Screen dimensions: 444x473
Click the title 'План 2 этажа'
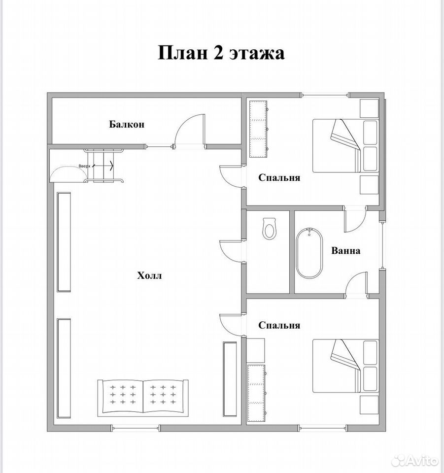point(221,53)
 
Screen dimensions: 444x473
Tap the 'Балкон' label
point(127,124)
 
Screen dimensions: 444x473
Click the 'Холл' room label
point(149,275)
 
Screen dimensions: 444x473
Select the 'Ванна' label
point(345,251)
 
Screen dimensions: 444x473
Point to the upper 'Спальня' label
point(279,177)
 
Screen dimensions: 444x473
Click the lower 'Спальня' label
point(279,325)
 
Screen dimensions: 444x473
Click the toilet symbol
point(269,229)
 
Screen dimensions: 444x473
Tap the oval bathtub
point(309,253)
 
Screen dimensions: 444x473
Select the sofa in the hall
point(143,398)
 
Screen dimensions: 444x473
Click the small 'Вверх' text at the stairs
point(84,166)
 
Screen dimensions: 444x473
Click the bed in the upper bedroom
point(345,146)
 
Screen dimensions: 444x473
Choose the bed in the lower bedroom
point(345,366)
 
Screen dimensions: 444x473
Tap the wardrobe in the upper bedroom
point(259,129)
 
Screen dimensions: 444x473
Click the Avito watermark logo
point(415,460)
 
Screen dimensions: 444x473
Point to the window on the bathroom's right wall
point(382,245)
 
